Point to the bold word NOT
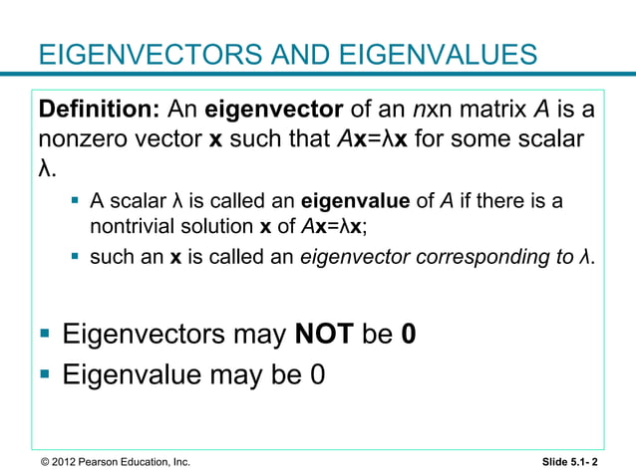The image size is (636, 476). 323,336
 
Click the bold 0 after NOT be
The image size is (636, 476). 408,336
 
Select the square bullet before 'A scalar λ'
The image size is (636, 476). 75,202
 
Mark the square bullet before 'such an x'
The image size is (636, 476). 75,257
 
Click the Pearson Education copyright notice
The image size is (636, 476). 109,461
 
